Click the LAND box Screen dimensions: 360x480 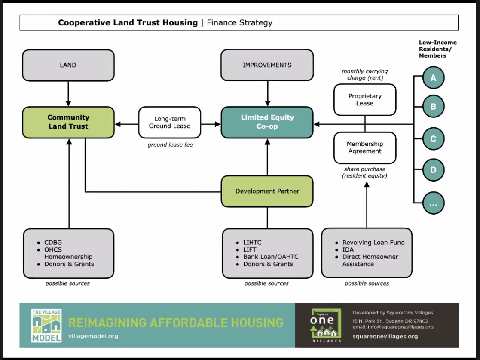68,65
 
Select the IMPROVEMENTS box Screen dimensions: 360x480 267,65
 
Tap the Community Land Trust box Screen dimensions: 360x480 68,122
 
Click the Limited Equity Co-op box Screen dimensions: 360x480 267,122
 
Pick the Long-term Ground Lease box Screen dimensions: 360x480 169,122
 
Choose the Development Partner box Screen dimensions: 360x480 267,191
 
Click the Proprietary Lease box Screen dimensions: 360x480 364,100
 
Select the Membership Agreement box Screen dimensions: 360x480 364,148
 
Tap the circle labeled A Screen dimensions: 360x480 433,78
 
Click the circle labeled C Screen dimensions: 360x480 433,139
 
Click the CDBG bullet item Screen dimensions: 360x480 53,243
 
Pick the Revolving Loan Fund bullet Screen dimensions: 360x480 373,243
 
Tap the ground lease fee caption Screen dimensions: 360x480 170,145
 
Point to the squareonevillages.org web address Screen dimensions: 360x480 385,336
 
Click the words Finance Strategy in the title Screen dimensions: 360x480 239,23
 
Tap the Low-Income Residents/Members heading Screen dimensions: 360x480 437,49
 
